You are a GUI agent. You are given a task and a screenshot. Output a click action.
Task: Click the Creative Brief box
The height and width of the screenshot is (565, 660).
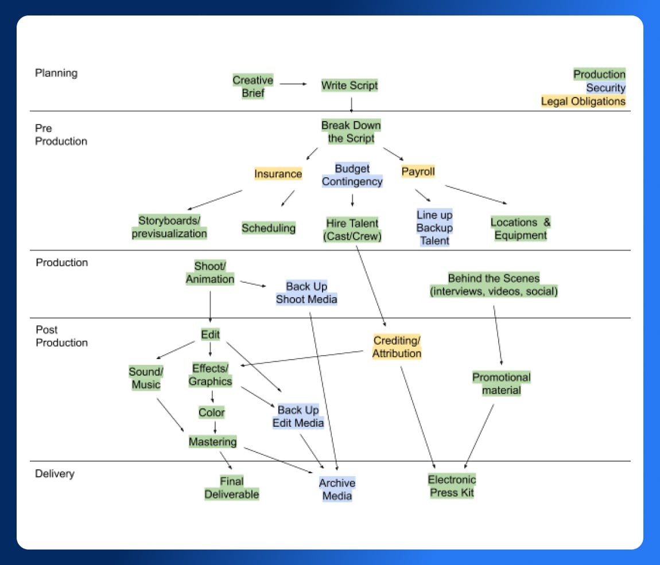click(253, 87)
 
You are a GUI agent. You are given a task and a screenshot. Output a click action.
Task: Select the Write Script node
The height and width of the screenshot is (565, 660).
click(350, 86)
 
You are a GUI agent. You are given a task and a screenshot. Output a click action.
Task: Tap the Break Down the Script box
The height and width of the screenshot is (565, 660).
click(351, 132)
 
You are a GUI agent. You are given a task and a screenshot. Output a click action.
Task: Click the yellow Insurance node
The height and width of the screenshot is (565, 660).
click(278, 174)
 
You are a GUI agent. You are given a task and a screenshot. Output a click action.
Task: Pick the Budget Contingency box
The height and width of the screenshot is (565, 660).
click(352, 176)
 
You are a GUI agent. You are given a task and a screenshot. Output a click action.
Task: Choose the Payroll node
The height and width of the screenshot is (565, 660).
click(418, 172)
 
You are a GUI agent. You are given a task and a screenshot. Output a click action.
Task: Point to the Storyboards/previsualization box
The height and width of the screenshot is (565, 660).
click(169, 227)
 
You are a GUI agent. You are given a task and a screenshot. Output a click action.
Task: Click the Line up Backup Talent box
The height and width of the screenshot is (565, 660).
click(434, 228)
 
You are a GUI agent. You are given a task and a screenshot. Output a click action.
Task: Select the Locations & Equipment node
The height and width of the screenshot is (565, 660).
click(520, 229)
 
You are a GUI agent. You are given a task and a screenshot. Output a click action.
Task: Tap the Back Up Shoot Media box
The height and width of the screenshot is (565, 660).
click(306, 293)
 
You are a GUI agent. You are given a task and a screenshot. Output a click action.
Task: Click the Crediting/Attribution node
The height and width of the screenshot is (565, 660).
click(397, 347)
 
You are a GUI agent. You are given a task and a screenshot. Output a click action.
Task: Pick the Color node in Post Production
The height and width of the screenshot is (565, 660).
click(212, 412)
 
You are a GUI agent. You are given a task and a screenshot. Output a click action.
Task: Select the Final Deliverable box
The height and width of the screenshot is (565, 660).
click(232, 488)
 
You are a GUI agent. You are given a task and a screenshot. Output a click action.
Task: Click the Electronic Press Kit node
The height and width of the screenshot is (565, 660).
click(452, 486)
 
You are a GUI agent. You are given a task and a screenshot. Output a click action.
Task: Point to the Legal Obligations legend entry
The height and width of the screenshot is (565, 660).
click(583, 102)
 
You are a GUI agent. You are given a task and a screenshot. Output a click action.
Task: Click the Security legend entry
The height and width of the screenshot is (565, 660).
click(605, 88)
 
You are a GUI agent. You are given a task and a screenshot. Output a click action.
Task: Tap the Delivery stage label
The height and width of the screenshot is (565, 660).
click(55, 474)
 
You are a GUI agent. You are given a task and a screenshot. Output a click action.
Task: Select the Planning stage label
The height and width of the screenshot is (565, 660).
click(56, 73)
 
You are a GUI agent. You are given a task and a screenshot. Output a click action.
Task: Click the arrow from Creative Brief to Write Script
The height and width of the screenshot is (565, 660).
click(293, 84)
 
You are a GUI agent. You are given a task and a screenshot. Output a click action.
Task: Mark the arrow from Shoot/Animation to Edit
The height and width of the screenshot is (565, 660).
click(210, 306)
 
